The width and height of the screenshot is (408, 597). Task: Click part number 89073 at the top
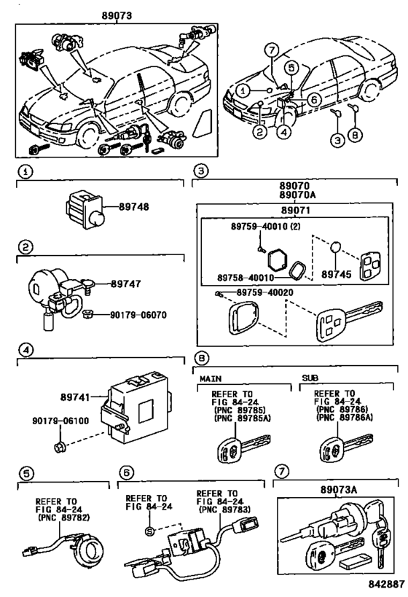tap(117, 15)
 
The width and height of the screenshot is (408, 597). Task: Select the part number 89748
tap(133, 207)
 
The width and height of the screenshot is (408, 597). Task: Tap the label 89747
tap(125, 284)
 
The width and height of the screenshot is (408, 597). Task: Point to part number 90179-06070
tap(138, 315)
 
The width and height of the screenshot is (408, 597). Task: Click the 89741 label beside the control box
tap(75, 397)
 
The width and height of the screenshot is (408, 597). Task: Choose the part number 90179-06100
tap(60, 421)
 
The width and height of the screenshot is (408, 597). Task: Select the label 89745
tap(337, 274)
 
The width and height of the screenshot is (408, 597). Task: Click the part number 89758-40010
tap(246, 278)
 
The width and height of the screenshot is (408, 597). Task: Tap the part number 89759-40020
tap(265, 292)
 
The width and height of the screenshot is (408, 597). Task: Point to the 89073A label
tap(338, 490)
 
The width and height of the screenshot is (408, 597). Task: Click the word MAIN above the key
tap(211, 378)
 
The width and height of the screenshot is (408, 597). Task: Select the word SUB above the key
tap(310, 378)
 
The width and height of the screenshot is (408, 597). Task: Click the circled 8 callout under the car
tap(355, 134)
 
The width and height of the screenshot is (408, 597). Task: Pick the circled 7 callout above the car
tap(271, 50)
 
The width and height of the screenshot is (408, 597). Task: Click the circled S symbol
tap(149, 531)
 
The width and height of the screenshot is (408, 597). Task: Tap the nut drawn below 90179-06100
tap(60, 447)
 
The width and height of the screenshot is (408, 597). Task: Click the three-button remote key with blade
tap(349, 319)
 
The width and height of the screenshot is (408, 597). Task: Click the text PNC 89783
tap(224, 510)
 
